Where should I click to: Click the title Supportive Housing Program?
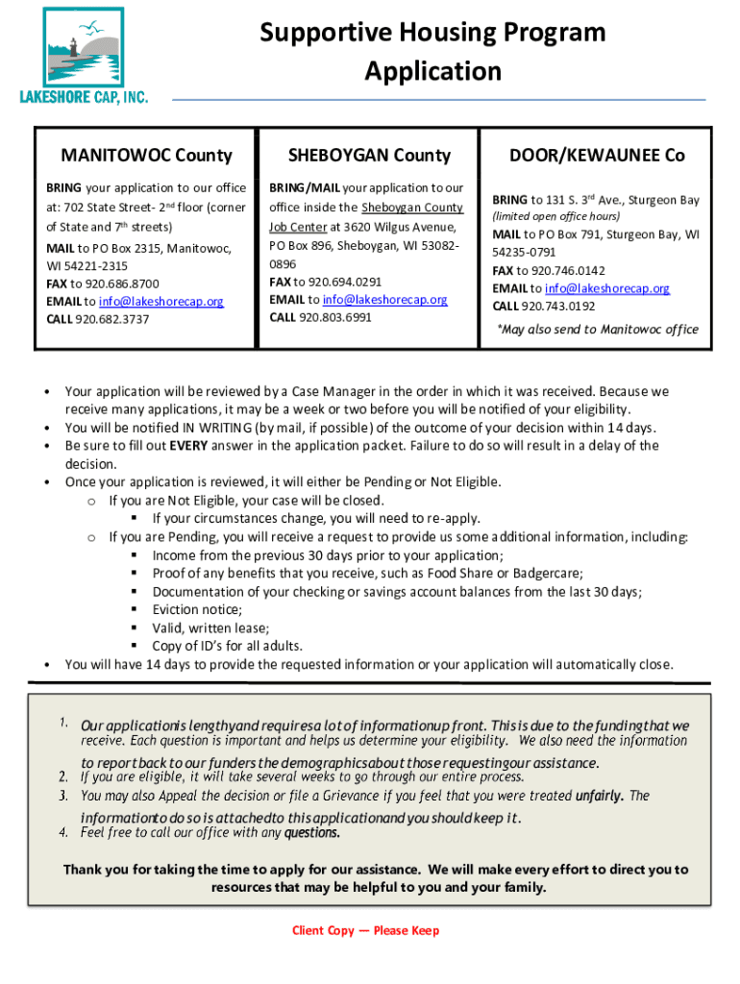pyautogui.click(x=432, y=33)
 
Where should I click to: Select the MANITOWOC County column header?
pyautogui.click(x=146, y=155)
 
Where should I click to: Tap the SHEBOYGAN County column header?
pyautogui.click(x=370, y=155)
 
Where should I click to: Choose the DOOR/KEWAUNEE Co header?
pyautogui.click(x=597, y=155)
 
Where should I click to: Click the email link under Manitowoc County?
pyautogui.click(x=161, y=302)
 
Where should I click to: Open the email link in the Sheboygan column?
pyautogui.click(x=384, y=300)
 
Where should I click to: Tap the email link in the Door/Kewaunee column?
pyautogui.click(x=607, y=288)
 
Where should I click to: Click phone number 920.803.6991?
pyautogui.click(x=335, y=317)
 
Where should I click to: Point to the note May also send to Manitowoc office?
pyautogui.click(x=597, y=330)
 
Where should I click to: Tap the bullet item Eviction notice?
pyautogui.click(x=197, y=610)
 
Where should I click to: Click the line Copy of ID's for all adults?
pyautogui.click(x=228, y=647)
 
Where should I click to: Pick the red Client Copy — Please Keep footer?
pyautogui.click(x=366, y=931)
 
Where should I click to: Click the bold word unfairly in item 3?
pyautogui.click(x=599, y=796)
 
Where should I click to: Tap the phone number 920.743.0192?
pyautogui.click(x=558, y=307)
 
